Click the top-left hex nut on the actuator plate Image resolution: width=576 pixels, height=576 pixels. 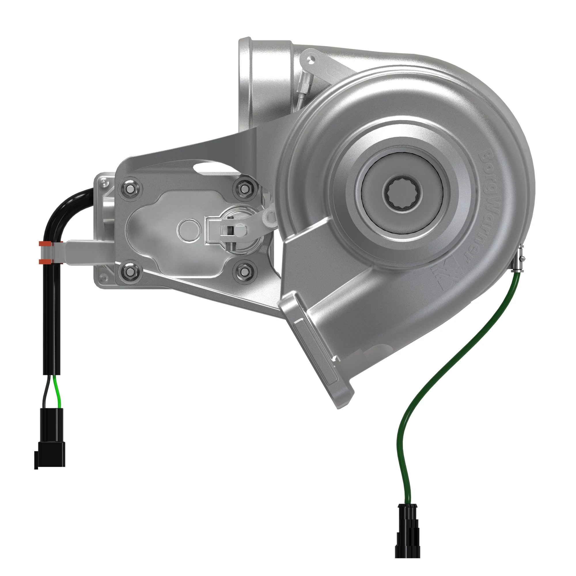coord(130,189)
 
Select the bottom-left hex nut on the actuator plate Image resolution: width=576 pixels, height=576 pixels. coord(130,271)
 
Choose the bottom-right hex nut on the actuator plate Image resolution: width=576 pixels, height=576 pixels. coord(244,271)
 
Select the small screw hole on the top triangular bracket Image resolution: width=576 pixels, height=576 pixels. coord(312,60)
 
